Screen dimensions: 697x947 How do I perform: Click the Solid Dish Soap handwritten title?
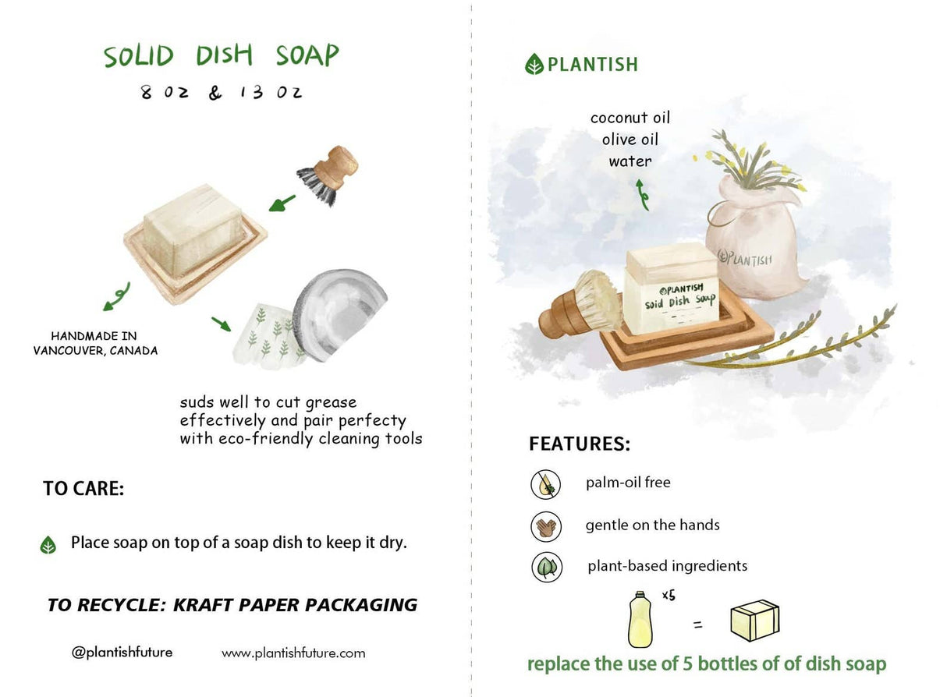(x=222, y=56)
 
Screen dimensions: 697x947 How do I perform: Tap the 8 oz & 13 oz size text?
(x=221, y=93)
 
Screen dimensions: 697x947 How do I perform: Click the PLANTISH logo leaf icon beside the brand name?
(x=534, y=64)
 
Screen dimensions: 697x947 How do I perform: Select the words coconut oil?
(x=630, y=118)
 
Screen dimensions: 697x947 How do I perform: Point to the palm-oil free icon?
(x=546, y=485)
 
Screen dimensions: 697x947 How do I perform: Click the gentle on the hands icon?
(x=546, y=526)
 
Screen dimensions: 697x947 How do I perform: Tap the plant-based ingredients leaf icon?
(x=546, y=567)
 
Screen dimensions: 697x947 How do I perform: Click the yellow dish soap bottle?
(x=640, y=619)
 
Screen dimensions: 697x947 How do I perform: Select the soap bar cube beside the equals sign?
(x=754, y=621)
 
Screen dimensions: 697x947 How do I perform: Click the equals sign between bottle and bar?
(x=697, y=624)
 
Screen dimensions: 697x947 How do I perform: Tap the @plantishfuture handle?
(x=122, y=653)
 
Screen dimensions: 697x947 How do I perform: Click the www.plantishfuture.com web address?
(x=293, y=653)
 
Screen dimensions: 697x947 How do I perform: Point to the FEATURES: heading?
(x=580, y=444)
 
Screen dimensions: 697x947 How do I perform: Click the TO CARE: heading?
(x=83, y=490)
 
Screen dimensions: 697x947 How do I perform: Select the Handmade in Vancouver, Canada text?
(x=94, y=344)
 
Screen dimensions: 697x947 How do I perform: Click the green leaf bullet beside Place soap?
(x=48, y=545)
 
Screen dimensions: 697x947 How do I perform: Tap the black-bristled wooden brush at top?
(x=328, y=175)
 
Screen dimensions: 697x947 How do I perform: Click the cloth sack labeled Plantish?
(x=752, y=242)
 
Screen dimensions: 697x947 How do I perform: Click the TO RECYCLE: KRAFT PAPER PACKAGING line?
(x=232, y=605)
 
